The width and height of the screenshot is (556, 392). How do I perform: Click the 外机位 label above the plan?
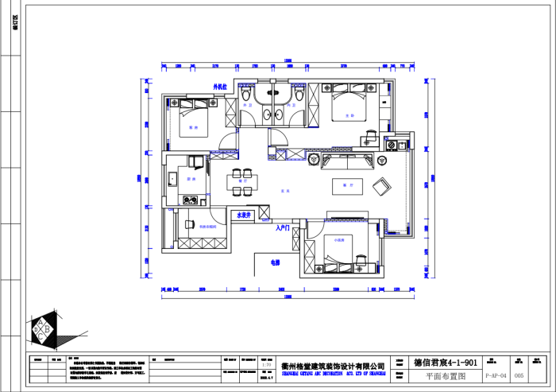220,86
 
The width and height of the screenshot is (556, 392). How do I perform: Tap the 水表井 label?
242,215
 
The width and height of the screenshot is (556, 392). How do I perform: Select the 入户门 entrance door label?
282,228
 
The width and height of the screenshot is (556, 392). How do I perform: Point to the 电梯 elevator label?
275,262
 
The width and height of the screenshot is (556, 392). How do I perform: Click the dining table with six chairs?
242,180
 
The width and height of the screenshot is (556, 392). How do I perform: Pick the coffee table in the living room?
347,185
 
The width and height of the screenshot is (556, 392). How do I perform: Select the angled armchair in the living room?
382,186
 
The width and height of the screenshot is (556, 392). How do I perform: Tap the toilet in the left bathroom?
246,95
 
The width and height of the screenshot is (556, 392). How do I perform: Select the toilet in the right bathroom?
298,95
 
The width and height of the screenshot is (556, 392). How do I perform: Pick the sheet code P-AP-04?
496,376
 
